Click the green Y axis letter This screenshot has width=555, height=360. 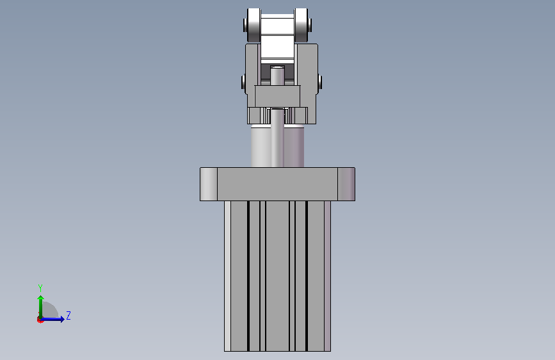tap(40, 288)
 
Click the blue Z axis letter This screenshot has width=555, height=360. tap(68, 315)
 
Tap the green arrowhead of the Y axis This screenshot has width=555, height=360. tap(41, 299)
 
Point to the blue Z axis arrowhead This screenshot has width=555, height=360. tap(61, 319)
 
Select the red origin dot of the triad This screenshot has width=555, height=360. tap(40, 320)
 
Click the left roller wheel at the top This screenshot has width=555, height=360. tap(253, 25)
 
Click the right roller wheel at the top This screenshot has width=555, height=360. tap(301, 25)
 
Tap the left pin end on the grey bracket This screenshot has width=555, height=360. tap(243, 82)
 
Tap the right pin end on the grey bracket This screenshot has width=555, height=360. tap(319, 82)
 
